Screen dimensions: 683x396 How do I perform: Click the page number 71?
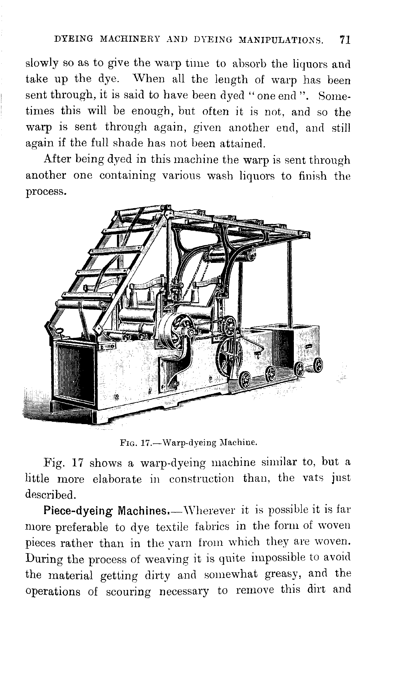345,40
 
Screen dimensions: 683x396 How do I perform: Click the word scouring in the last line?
128,592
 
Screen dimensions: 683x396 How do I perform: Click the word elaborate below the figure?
117,480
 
